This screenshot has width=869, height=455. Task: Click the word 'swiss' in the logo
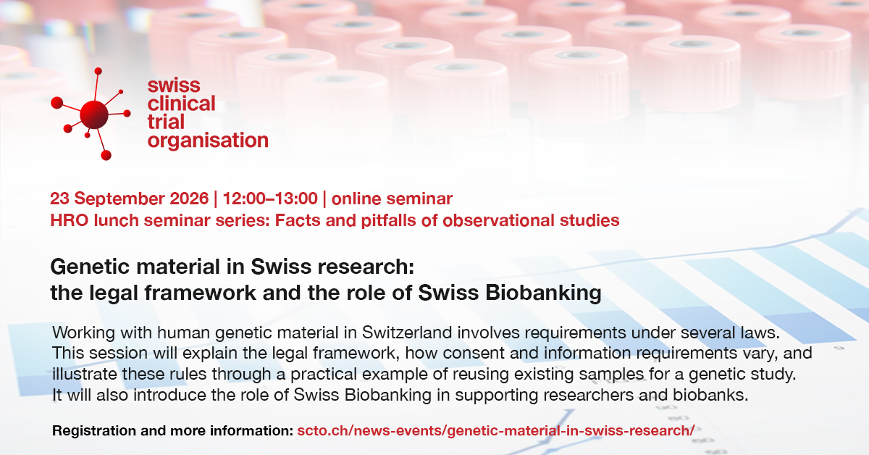coord(174,85)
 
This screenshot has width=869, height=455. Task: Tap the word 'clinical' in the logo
coord(181,104)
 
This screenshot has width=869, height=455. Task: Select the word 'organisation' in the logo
coord(208,141)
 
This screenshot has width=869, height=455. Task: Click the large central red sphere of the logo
coord(94,114)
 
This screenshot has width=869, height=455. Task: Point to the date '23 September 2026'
coord(129,199)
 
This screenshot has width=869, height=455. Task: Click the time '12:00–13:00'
coord(270,199)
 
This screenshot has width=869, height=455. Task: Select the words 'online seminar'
coord(392,199)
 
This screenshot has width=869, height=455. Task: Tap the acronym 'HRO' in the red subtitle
coord(67,220)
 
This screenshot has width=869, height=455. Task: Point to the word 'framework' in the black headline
coord(200,293)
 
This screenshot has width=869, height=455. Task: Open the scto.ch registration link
coord(496,430)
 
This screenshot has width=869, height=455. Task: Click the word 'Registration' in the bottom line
coord(94,431)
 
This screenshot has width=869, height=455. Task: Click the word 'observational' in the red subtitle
coord(498,220)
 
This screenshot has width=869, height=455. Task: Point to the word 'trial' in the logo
coord(166,122)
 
